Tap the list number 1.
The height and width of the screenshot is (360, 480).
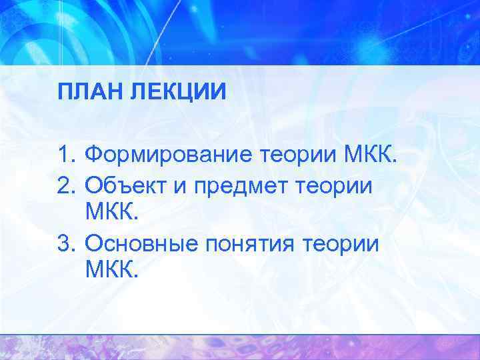point(64,156)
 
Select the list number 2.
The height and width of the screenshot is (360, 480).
point(65,183)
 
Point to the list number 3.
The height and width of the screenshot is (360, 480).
point(65,243)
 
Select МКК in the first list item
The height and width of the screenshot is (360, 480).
point(369,156)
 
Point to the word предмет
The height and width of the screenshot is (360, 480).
point(235,183)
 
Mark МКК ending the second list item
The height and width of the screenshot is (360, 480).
point(111,213)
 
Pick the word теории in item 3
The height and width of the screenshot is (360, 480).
point(341,243)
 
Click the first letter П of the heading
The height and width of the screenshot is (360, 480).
point(63,91)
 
